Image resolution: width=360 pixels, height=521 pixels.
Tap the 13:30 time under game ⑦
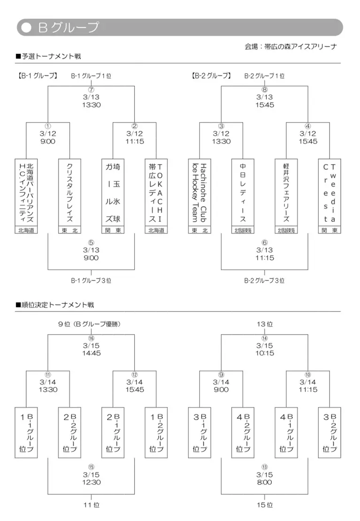coord(92,105)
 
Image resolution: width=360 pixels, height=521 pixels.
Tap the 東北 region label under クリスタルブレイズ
coord(70,230)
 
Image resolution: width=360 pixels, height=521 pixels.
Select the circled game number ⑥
coord(265,242)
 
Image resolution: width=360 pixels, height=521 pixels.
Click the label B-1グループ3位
coord(92,280)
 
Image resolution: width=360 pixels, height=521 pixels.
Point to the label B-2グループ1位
coord(264,76)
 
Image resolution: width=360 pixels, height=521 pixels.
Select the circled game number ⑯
coord(92,338)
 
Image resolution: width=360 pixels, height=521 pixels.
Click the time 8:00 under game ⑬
coord(265,482)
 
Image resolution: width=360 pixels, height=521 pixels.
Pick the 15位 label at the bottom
coord(265,505)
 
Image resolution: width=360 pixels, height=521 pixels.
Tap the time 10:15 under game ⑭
coord(265,353)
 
